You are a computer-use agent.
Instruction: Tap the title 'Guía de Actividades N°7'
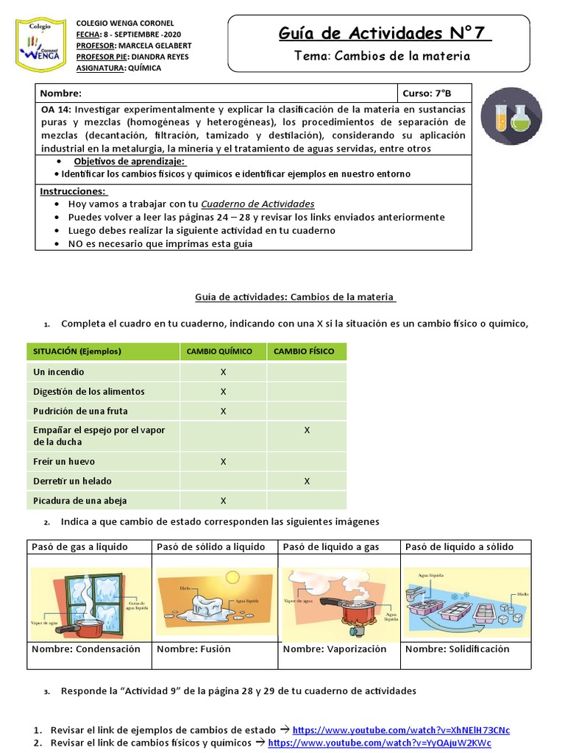tap(385, 33)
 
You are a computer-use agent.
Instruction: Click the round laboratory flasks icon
tap(511, 115)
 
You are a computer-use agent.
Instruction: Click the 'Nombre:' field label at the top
tap(61, 93)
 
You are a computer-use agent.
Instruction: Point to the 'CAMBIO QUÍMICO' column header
tap(219, 351)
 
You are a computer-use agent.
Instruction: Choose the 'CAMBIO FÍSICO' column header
tap(304, 351)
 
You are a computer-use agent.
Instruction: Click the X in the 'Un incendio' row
tap(224, 372)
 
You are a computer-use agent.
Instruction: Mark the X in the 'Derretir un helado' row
tap(307, 481)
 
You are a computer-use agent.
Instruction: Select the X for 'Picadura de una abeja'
tap(224, 501)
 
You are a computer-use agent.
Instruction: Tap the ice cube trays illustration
tap(466, 598)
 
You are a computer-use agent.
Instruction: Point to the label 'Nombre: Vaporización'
tap(335, 649)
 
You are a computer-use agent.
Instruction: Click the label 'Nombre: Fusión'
tap(193, 649)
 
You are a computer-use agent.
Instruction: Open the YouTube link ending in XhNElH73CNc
tap(401, 730)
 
